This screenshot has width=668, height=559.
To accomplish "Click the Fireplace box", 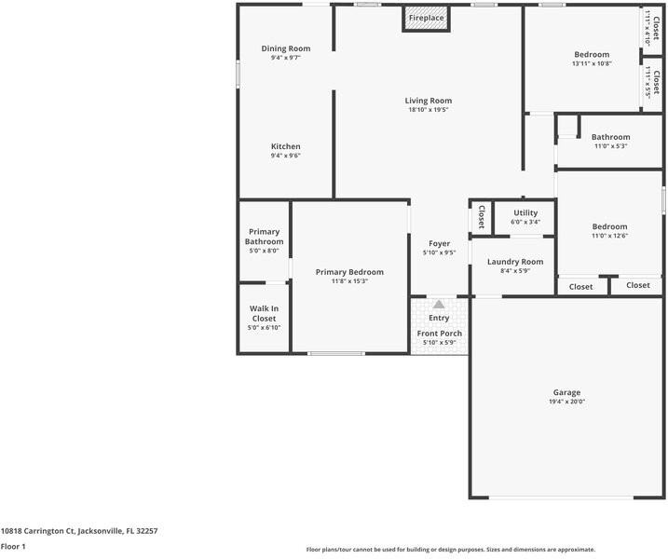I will click(426, 19).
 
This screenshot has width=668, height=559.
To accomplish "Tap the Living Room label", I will click(428, 101).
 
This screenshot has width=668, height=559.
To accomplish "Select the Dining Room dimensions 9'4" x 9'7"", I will click(285, 58).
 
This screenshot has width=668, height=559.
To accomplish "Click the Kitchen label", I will click(285, 146).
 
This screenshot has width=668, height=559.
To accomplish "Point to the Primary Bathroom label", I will click(264, 237).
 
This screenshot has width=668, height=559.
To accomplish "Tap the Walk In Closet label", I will click(264, 313).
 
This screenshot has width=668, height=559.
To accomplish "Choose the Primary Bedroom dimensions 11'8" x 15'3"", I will click(349, 281).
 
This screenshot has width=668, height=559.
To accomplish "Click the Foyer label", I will click(439, 243).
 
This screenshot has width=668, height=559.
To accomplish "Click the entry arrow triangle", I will click(439, 304).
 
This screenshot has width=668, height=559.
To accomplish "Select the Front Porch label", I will click(439, 334).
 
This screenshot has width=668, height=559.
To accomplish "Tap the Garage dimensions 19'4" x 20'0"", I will click(566, 402).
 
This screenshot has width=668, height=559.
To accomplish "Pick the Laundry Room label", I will click(515, 262).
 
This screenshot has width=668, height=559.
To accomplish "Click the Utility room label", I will click(525, 212).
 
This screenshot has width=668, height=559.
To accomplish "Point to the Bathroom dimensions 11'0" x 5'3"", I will click(610, 146).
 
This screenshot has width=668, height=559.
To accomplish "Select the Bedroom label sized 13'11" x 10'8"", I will click(592, 54).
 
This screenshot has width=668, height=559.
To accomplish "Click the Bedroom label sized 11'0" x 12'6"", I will click(609, 226).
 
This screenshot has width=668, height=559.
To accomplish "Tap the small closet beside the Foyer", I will click(481, 217).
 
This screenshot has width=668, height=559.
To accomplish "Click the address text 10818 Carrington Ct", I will click(78, 531).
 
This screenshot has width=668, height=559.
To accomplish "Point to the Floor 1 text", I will click(13, 547).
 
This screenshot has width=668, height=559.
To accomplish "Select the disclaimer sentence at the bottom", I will click(451, 550).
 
